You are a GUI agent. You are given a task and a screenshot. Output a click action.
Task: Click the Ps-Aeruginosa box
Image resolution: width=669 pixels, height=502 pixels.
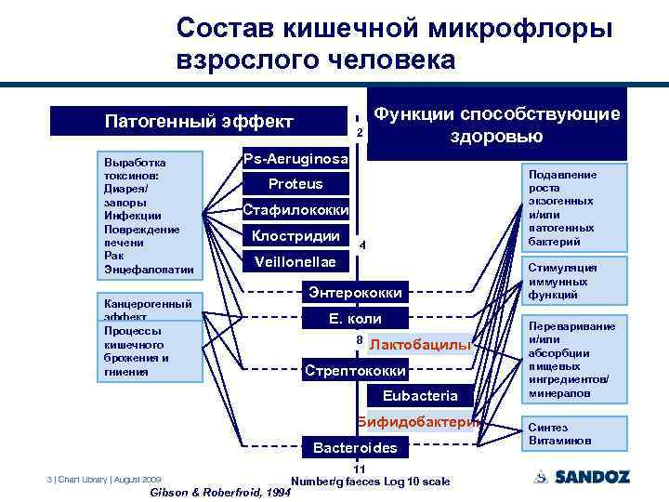pos(295,159)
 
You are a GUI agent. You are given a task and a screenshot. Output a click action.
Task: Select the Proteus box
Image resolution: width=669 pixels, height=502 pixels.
pos(295,184)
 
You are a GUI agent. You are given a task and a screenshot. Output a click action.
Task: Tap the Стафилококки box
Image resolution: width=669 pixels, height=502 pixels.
pos(295,209)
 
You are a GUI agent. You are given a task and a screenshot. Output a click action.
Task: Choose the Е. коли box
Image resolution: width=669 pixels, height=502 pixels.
pos(354,319)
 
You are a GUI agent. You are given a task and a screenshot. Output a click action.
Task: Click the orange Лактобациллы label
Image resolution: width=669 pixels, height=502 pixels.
pos(421,345)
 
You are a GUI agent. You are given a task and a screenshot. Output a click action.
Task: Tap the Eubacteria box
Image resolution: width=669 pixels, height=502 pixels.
pos(420,396)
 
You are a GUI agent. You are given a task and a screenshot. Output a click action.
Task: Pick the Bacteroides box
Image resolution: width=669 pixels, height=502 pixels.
pos(354,448)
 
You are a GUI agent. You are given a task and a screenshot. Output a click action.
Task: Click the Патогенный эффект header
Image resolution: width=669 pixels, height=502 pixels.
pos(199,122)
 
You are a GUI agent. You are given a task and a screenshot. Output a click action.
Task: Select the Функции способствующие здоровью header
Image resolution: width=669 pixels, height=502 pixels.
pos(496,125)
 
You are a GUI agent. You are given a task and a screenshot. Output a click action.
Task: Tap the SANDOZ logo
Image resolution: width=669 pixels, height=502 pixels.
pos(583,477)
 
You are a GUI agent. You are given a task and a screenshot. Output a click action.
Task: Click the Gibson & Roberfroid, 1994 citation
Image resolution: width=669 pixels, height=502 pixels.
pos(219,493)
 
